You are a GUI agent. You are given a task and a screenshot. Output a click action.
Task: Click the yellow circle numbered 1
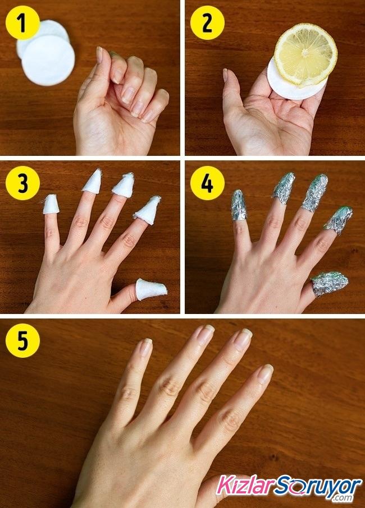[x=22, y=22]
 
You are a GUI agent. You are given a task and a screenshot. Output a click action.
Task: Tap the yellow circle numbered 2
[x=207, y=22]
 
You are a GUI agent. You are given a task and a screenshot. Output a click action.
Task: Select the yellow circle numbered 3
[x=22, y=183]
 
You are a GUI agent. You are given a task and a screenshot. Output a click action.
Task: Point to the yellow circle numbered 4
[x=207, y=183]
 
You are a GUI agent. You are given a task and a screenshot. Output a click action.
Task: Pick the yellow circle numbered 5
[x=22, y=340]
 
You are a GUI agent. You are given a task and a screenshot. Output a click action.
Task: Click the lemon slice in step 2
[x=305, y=55]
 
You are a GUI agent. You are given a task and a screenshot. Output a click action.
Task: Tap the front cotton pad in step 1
[x=48, y=60]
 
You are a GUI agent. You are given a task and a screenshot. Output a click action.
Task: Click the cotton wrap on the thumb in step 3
[x=150, y=289]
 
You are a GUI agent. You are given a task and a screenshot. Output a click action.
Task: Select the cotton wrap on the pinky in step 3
[x=51, y=205]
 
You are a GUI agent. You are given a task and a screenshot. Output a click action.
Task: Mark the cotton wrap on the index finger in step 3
[x=148, y=210]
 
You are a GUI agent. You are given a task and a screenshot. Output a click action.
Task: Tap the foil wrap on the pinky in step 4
[x=239, y=205]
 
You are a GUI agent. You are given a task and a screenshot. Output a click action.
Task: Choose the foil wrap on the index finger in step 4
[x=339, y=220]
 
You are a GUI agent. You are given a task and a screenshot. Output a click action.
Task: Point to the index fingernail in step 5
[x=266, y=373]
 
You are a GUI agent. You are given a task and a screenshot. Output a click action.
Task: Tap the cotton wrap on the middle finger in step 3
[x=124, y=184]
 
